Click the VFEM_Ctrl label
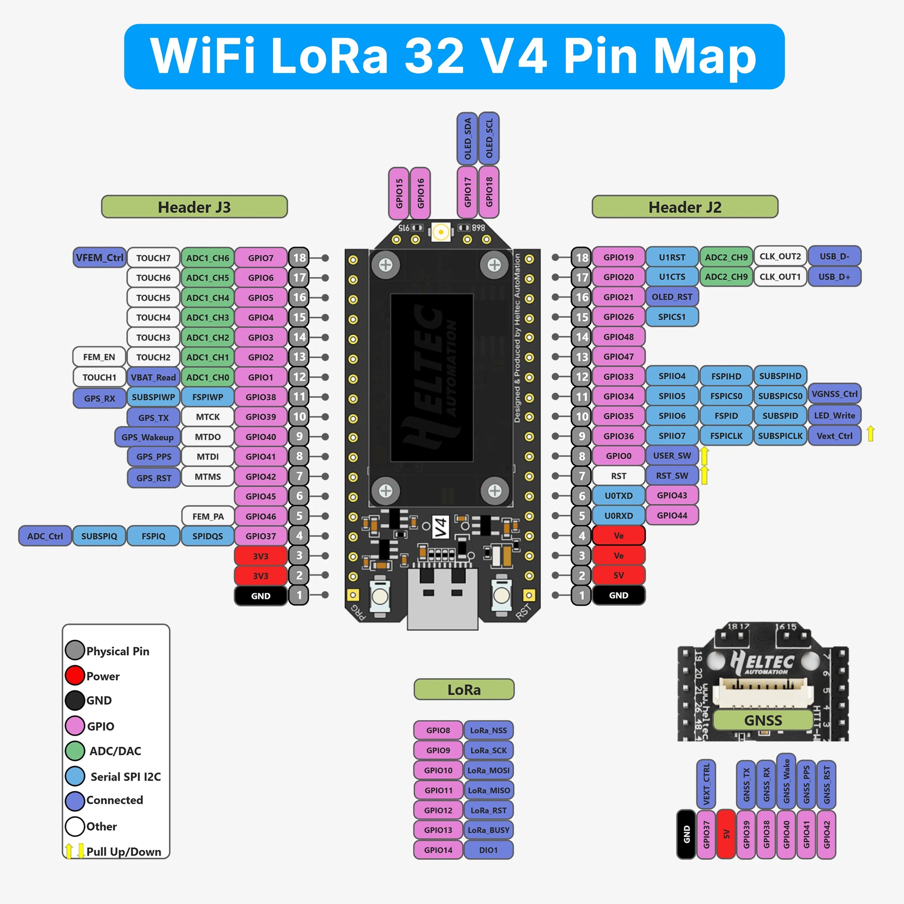pos(100,257)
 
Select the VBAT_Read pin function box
pos(153,377)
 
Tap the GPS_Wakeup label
pos(147,437)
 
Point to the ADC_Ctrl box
pos(45,536)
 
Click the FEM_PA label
pos(208,516)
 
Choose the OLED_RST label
pos(672,297)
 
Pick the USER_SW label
pos(672,455)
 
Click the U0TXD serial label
pos(619,496)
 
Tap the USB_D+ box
pos(834,276)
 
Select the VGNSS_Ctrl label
pos(834,394)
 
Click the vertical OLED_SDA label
pos(467,138)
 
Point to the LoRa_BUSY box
pos(489,830)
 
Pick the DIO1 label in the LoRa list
pos(489,850)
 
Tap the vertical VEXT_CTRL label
pos(706,784)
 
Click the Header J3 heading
pos(194,207)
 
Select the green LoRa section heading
pos(464,689)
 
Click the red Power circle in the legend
pos(75,675)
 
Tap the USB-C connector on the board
pos(443,599)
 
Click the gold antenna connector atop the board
pos(441,232)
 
